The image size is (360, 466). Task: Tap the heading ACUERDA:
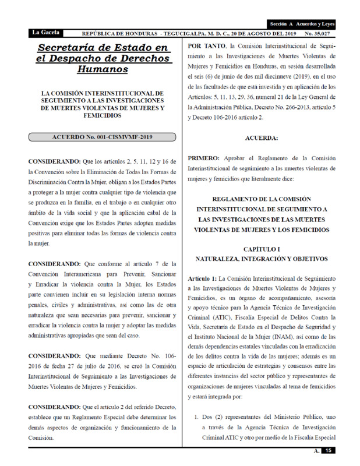pos(262,137)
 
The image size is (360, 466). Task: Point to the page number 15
pos(329,451)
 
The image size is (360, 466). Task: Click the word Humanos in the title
pos(102,69)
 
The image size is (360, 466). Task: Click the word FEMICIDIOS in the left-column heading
pos(102,117)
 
